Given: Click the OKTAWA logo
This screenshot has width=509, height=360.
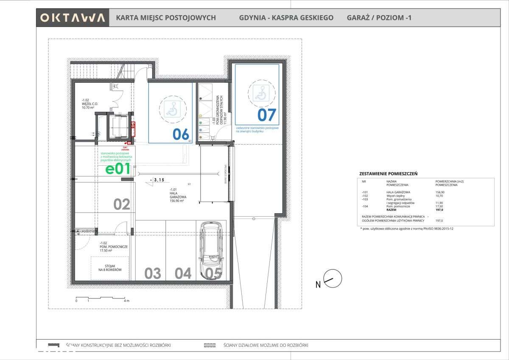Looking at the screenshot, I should point(73,18).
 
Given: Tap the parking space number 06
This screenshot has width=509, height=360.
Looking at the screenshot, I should point(181,134).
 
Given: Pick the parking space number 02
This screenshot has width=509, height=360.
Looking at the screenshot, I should point(122,204).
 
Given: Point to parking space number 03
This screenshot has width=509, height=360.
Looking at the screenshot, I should point(153,273).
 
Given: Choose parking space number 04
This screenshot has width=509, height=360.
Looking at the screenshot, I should point(183,273).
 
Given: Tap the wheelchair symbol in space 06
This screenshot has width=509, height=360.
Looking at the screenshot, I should point(171,109).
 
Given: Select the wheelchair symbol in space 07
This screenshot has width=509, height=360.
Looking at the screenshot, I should point(261,93).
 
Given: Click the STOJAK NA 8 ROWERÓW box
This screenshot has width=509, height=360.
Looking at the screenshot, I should point(109,268).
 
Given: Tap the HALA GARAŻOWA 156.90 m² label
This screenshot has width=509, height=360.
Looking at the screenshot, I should point(176,196).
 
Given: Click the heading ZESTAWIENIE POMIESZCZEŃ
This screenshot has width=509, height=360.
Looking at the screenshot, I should point(388,174).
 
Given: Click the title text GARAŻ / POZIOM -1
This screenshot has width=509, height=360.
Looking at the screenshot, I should point(379,18).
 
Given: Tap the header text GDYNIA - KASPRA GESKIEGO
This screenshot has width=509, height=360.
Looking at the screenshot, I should point(286,18).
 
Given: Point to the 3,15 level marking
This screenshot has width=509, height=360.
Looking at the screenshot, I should point(158,180).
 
